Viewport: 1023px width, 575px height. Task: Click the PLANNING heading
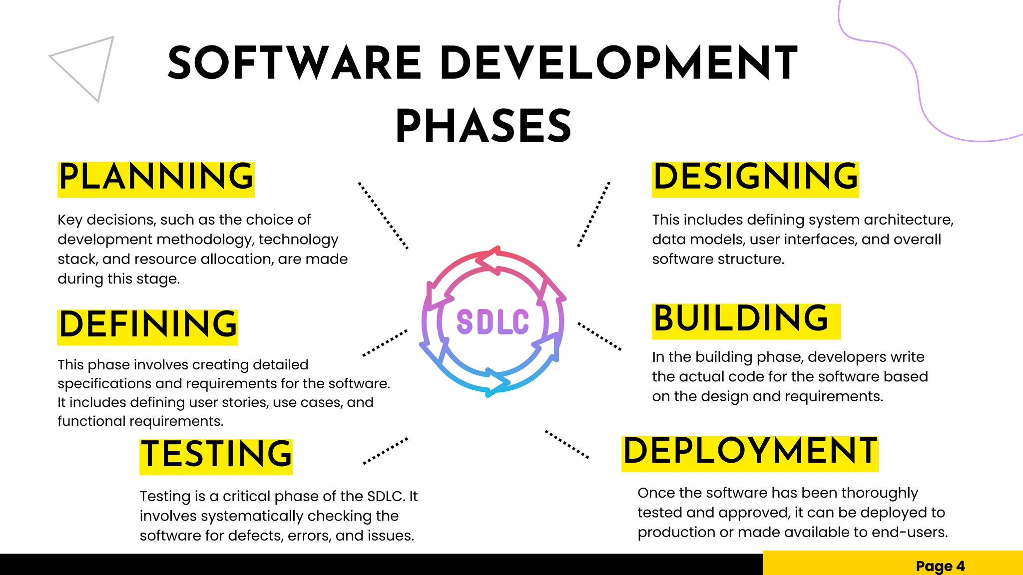tap(156, 178)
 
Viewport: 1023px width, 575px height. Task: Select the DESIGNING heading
tap(755, 178)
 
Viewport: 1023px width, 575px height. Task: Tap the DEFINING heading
tap(148, 325)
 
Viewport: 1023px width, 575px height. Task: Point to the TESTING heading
tap(216, 455)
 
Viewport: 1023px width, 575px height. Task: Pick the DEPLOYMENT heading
tap(749, 452)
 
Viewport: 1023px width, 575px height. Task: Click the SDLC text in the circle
tap(493, 322)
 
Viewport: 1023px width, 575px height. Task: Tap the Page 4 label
tap(940, 566)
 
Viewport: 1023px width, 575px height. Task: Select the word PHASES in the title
tap(484, 127)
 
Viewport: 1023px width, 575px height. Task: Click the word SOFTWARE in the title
tap(295, 63)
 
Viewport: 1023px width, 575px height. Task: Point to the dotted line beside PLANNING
tap(383, 216)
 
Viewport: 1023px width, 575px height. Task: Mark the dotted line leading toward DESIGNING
tap(594, 214)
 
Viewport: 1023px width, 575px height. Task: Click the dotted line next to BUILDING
tap(599, 336)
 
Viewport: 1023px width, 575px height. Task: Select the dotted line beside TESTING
tap(385, 451)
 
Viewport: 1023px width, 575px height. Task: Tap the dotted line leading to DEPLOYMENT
tap(567, 444)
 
